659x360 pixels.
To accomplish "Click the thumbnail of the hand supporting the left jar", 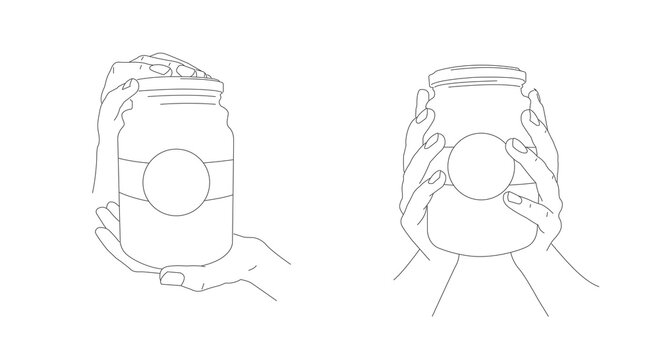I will point(173,274).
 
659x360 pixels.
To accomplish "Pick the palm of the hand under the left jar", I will point(215,256).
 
